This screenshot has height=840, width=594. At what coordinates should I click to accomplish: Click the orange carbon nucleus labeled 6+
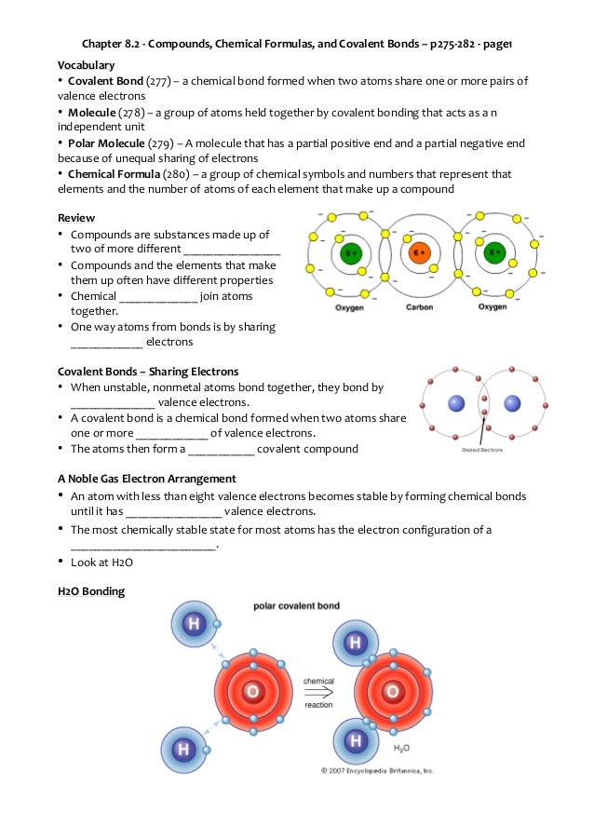pyautogui.click(x=420, y=252)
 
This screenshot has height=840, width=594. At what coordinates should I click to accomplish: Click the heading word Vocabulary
pyautogui.click(x=86, y=65)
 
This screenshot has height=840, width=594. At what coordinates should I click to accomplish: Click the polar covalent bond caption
pyautogui.click(x=296, y=605)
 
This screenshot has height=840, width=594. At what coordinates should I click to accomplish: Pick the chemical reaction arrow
pyautogui.click(x=318, y=693)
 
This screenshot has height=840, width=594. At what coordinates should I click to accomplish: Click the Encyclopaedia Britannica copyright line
pyautogui.click(x=378, y=770)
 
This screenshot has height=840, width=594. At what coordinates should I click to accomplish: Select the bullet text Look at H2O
pyautogui.click(x=101, y=562)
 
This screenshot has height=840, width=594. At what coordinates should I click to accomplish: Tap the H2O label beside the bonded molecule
pyautogui.click(x=401, y=748)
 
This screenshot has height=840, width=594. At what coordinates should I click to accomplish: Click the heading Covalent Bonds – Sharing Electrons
pyautogui.click(x=147, y=372)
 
